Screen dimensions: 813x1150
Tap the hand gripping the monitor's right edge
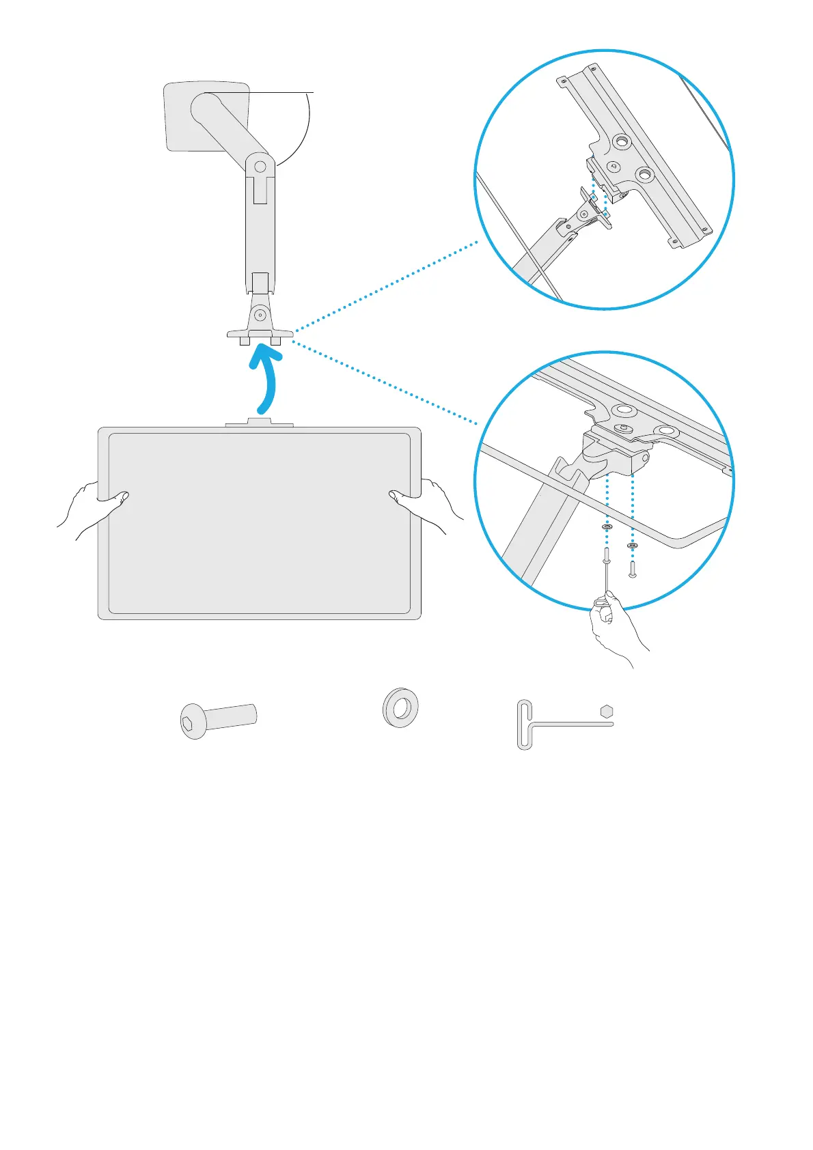[x=427, y=505]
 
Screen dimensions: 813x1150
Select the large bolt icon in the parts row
[x=217, y=720]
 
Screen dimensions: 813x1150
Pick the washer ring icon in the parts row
[x=400, y=707]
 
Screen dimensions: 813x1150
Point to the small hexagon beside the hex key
[x=607, y=712]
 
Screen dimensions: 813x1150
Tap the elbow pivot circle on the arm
[x=260, y=166]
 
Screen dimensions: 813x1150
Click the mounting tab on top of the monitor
[x=260, y=423]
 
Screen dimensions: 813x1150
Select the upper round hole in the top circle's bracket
[x=621, y=142]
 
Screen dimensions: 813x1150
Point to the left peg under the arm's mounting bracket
[x=245, y=340]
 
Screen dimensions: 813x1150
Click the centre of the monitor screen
[x=260, y=522]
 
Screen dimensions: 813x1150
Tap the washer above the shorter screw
[x=632, y=546]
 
